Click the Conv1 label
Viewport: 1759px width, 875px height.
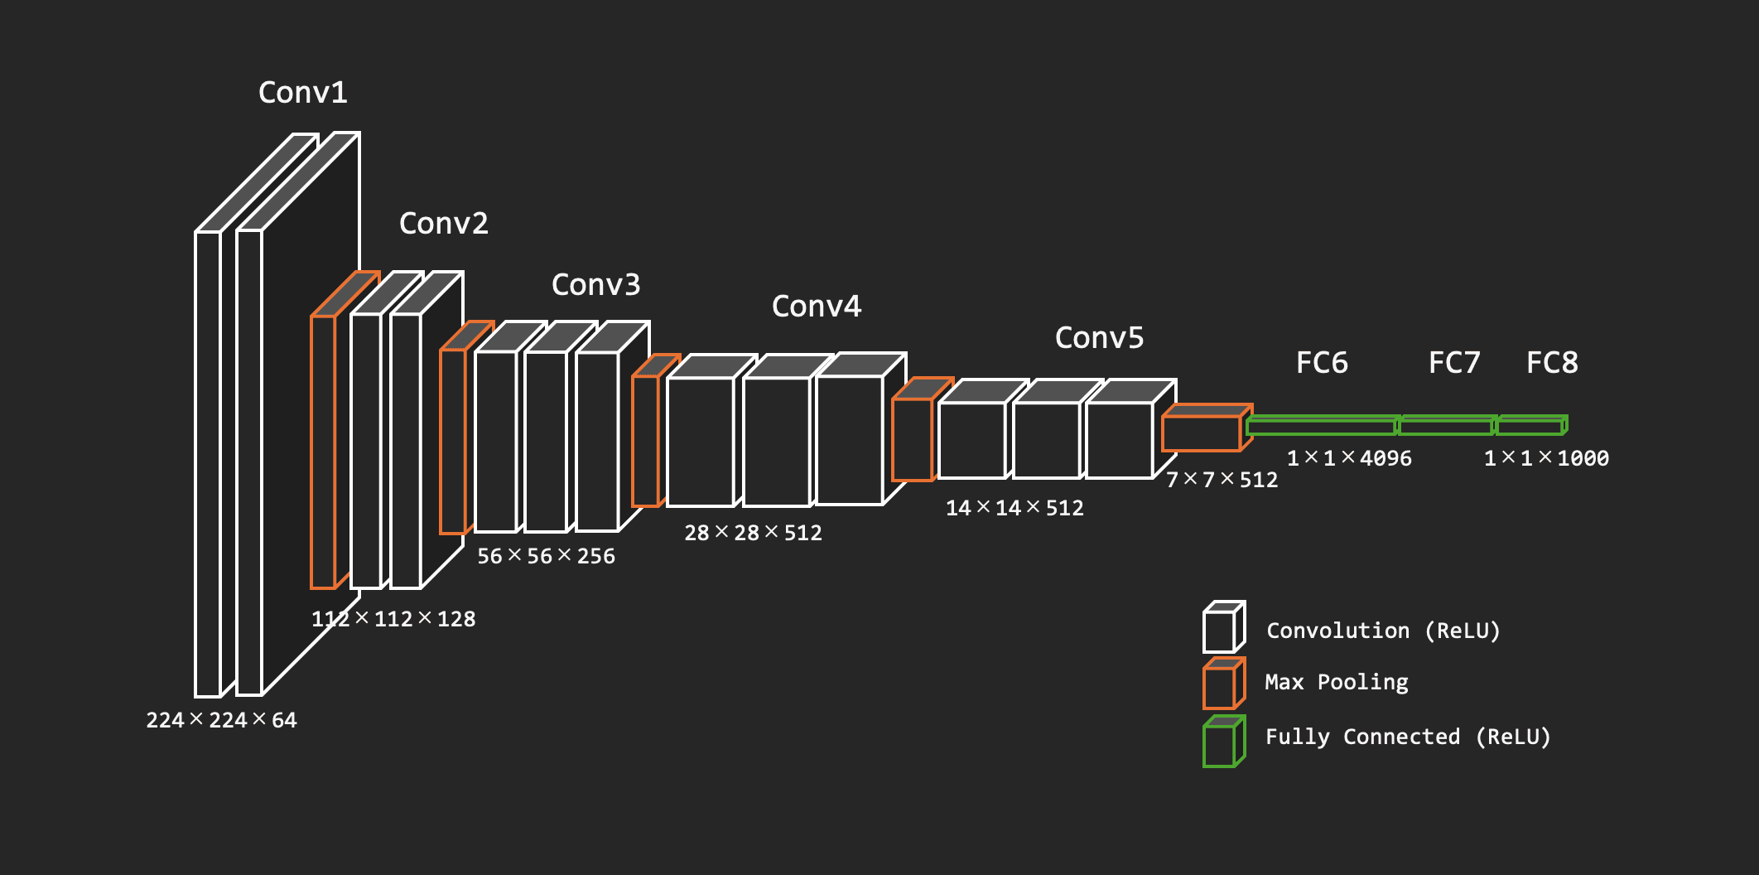pyautogui.click(x=302, y=92)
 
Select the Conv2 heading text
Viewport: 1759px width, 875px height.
pyautogui.click(x=443, y=223)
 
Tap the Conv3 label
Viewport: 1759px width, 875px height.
pyautogui.click(x=595, y=284)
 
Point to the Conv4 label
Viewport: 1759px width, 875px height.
pyautogui.click(x=816, y=306)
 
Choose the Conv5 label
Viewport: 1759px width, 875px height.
pyautogui.click(x=1098, y=337)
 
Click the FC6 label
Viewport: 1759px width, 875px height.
pyautogui.click(x=1321, y=362)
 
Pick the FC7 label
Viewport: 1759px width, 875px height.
pyautogui.click(x=1453, y=362)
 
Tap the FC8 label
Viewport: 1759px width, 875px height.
pyautogui.click(x=1551, y=362)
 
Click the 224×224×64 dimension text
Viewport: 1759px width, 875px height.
pyautogui.click(x=221, y=720)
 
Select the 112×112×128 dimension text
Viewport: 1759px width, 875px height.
pyautogui.click(x=393, y=619)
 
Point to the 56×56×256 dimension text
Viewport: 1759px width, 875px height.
pyautogui.click(x=546, y=556)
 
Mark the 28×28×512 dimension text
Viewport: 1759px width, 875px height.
pyautogui.click(x=753, y=533)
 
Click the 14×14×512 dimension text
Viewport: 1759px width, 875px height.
pyautogui.click(x=1014, y=508)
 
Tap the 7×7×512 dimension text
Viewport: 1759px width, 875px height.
pyautogui.click(x=1222, y=480)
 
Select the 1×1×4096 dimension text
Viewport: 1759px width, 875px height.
pyautogui.click(x=1348, y=458)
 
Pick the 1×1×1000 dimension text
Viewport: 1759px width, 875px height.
pyautogui.click(x=1545, y=458)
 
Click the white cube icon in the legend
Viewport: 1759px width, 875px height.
pyautogui.click(x=1223, y=628)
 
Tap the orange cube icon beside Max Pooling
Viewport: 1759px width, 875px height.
pyautogui.click(x=1223, y=684)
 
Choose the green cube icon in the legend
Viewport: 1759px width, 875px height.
pyautogui.click(x=1223, y=742)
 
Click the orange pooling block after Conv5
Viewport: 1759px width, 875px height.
pyautogui.click(x=1202, y=432)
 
